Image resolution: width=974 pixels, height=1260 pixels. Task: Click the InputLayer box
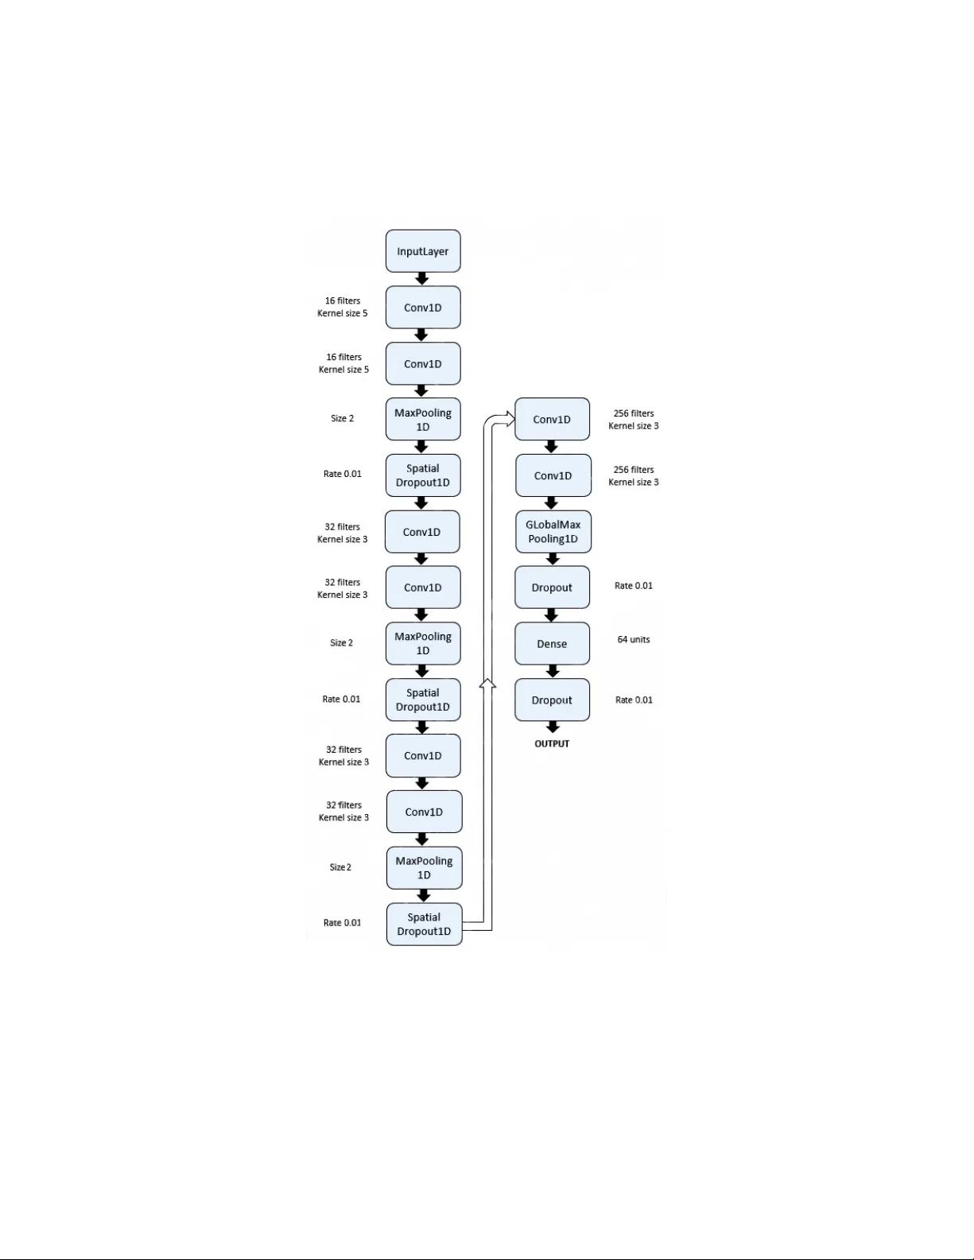(423, 251)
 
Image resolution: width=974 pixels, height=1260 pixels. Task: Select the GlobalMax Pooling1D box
(553, 532)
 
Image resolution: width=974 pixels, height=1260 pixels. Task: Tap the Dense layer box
(552, 644)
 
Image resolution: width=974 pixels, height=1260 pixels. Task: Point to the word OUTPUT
(552, 744)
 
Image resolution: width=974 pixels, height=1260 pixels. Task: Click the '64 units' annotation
(634, 640)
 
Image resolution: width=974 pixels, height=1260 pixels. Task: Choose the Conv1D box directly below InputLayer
(423, 308)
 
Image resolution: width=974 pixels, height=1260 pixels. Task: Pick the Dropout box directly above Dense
(552, 587)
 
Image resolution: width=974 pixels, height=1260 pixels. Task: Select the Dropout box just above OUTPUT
(552, 700)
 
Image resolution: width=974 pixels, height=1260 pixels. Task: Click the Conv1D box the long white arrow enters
(552, 419)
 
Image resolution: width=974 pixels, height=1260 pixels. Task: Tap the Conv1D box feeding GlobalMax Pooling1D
(553, 475)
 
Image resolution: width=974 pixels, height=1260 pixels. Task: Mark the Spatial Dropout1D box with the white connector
(424, 924)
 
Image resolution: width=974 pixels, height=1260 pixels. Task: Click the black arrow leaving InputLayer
(422, 279)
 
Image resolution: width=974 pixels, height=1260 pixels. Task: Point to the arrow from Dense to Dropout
(552, 672)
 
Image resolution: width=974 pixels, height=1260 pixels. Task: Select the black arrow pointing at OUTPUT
(553, 727)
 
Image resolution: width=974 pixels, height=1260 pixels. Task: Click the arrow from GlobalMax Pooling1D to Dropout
(553, 559)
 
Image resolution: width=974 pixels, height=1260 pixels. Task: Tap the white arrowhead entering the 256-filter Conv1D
(509, 419)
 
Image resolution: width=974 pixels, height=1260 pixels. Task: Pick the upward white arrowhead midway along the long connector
(488, 684)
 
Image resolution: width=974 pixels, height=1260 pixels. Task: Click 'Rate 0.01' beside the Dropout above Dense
(634, 586)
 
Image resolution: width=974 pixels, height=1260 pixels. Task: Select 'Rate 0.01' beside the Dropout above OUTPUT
(634, 700)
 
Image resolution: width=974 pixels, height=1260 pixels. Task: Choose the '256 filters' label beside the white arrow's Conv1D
(634, 413)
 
